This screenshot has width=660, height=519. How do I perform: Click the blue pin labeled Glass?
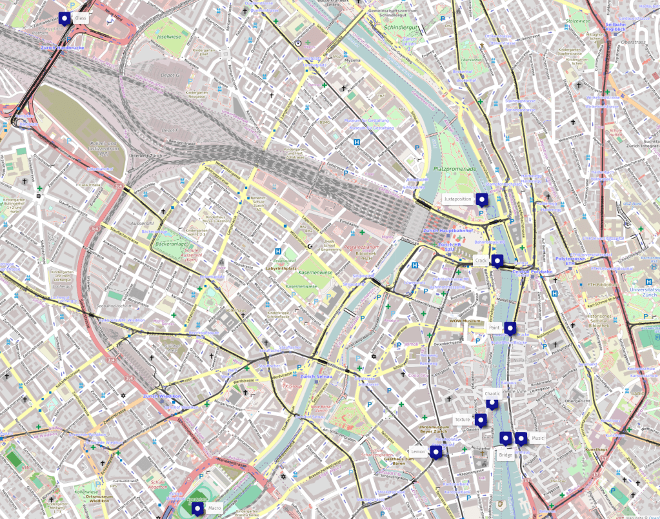point(64,18)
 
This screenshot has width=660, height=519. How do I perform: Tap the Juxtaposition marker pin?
point(481,199)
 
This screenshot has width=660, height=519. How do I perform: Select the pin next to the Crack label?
point(496,260)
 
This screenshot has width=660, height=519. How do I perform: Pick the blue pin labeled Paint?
point(510,328)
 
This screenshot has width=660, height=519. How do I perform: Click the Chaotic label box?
point(492,393)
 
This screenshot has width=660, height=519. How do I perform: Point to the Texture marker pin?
point(481,420)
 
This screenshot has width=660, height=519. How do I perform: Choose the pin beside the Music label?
point(521,438)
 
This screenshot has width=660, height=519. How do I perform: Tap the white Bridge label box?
point(505,455)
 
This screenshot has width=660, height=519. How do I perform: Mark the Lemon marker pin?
point(435,452)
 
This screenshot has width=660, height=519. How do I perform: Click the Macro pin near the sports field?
point(197,509)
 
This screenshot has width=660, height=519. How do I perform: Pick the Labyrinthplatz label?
point(281,267)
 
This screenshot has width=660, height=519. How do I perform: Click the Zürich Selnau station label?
point(315,377)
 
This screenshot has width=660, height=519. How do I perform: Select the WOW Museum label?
point(465,321)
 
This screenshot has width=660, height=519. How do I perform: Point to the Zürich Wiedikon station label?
point(160,396)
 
